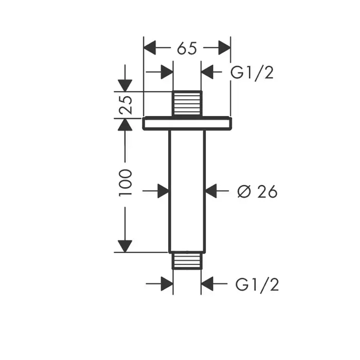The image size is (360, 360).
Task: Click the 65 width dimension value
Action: (187, 48)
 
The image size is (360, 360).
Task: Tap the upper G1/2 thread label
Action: (252, 73)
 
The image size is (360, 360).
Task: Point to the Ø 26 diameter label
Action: (257, 191)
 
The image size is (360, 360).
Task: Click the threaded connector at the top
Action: (187, 104)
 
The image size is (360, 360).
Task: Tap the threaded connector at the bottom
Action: (187, 261)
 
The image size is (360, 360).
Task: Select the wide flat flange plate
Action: (187, 123)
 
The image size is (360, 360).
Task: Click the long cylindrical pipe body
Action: (187, 190)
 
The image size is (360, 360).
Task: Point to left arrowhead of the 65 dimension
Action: (150, 48)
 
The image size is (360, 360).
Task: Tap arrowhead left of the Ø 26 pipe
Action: (163, 191)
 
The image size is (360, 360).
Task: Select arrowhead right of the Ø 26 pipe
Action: (211, 191)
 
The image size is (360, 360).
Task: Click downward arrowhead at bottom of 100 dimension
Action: (125, 246)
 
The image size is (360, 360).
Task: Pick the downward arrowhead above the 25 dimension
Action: (125, 85)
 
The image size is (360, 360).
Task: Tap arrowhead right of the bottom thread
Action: (207, 283)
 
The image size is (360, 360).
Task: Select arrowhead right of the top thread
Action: (207, 73)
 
